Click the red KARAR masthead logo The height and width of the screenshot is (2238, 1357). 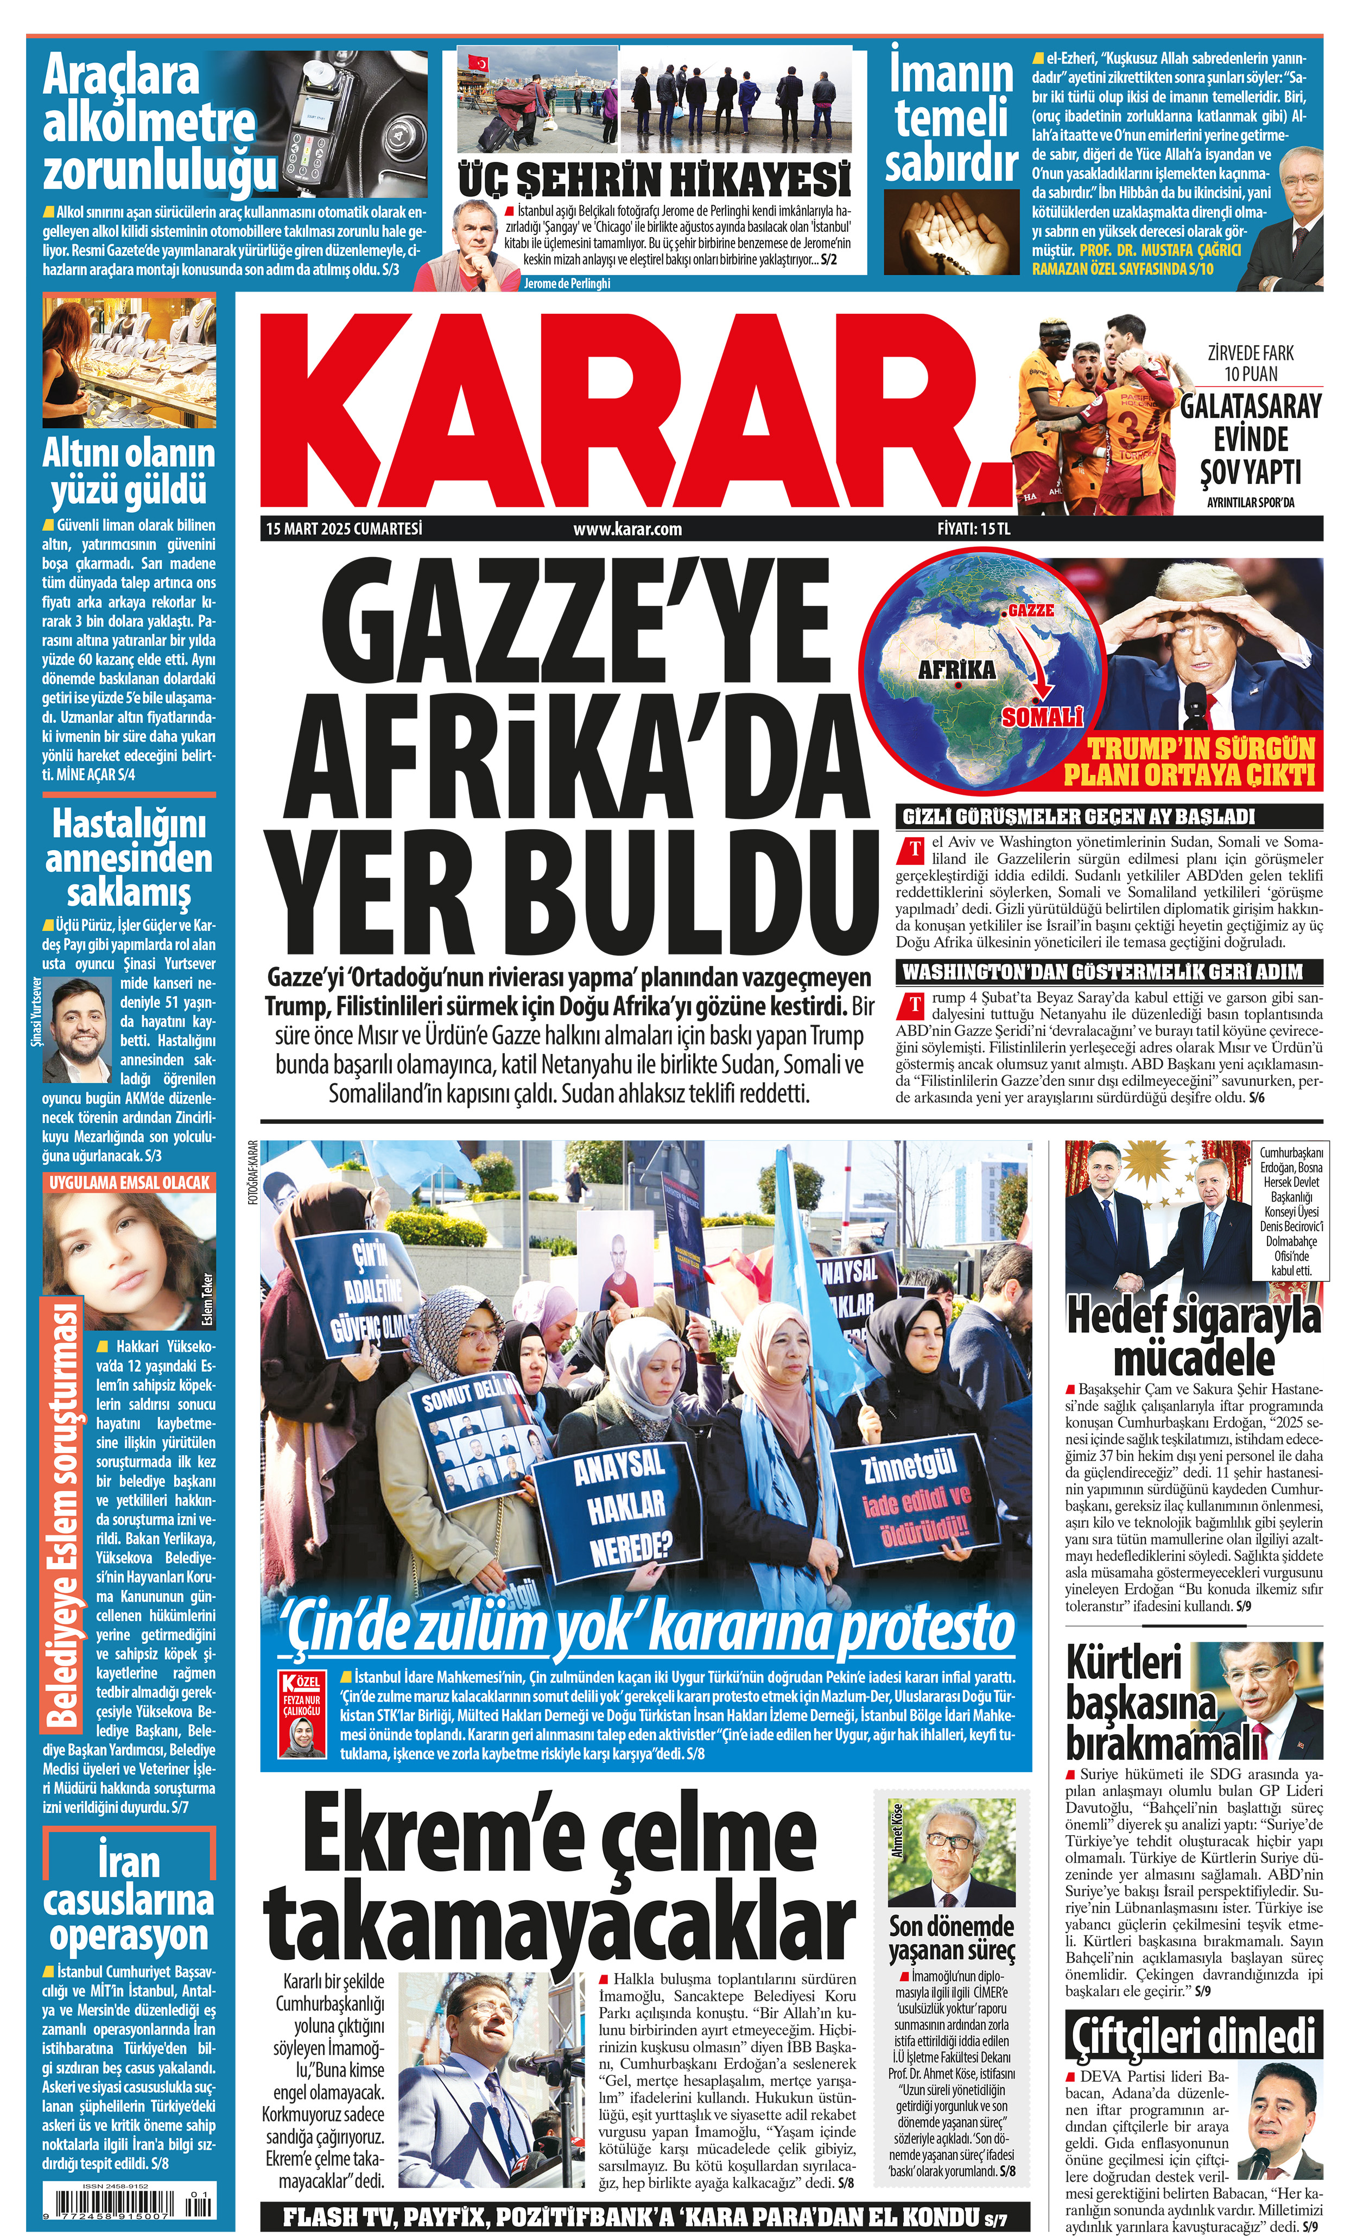click(636, 409)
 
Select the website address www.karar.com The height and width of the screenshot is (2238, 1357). click(627, 529)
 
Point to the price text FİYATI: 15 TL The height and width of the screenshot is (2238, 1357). click(974, 529)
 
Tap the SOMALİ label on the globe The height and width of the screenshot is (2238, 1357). click(1042, 718)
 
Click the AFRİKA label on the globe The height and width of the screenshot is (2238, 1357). click(956, 671)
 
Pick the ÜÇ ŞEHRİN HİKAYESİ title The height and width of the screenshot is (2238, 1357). click(654, 180)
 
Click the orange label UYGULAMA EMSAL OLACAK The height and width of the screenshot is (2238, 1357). click(129, 1183)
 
